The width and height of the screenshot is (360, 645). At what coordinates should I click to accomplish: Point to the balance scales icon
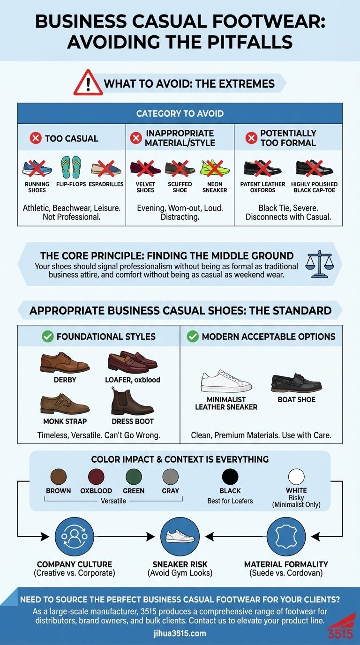317,261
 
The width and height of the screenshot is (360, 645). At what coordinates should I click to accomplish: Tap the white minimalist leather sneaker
226,381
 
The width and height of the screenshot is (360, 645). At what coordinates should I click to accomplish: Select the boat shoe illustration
296,383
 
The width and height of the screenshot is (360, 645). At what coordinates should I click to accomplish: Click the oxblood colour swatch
96,477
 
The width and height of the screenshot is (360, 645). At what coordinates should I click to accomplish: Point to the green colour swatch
134,477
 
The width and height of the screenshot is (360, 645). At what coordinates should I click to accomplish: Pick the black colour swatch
230,477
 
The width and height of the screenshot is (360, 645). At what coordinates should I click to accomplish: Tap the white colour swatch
296,477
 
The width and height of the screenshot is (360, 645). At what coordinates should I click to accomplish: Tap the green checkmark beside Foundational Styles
48,336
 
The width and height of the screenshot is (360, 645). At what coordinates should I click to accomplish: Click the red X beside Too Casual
35,138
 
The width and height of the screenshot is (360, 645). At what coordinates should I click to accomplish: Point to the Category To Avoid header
180,113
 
